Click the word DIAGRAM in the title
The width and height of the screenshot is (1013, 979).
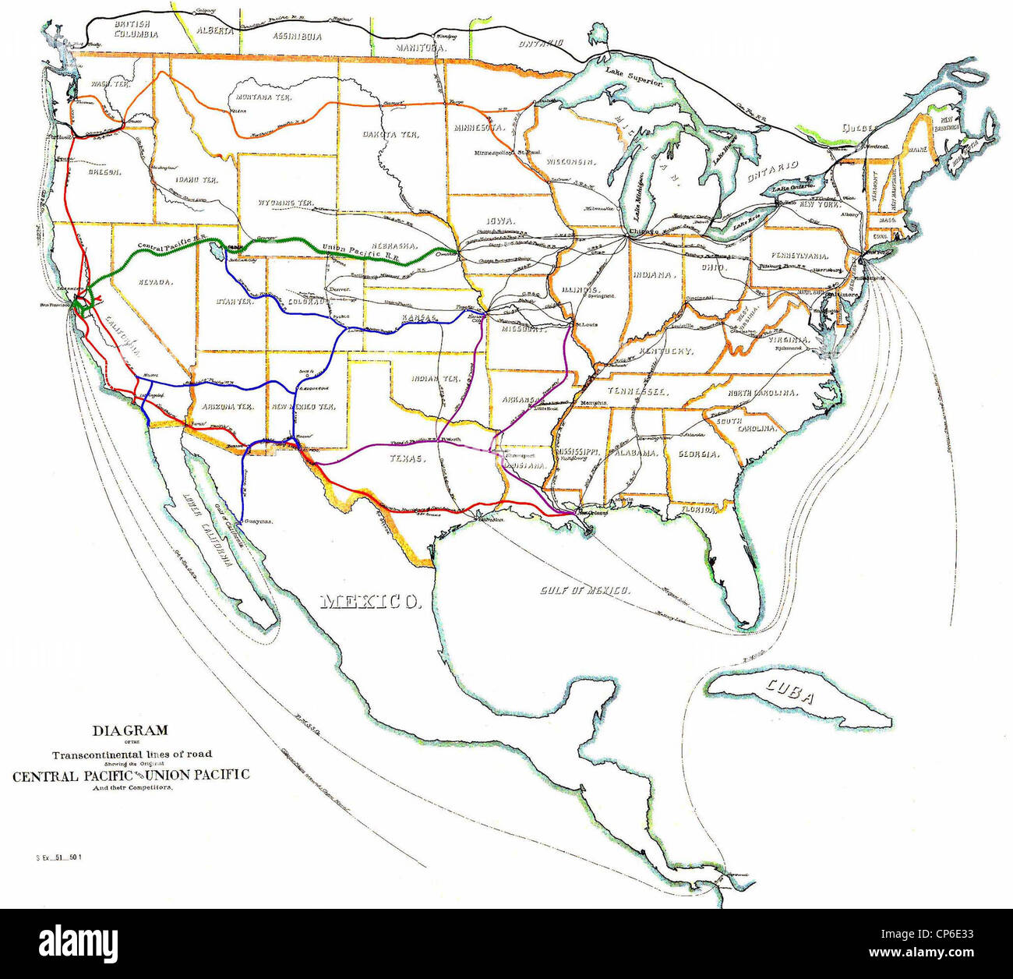pos(130,730)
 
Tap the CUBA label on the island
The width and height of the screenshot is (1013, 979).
pos(790,691)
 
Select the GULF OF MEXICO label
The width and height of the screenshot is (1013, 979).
pos(585,590)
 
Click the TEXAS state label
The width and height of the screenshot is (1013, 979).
pos(408,459)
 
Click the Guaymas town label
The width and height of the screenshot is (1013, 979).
pos(259,521)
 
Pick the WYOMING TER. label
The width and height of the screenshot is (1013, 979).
pos(285,203)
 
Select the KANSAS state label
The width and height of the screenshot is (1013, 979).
pos(419,318)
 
